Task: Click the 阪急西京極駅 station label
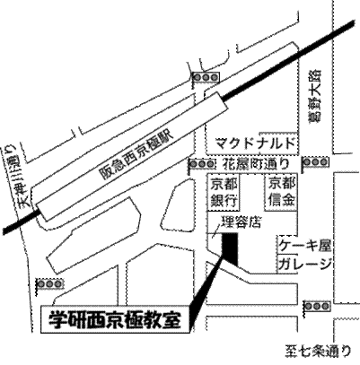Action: (x=136, y=155)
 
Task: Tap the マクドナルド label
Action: (x=257, y=143)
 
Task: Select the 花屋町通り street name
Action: (x=257, y=163)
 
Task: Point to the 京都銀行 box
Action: (x=224, y=193)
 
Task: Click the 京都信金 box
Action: (x=281, y=193)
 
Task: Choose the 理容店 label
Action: (x=241, y=222)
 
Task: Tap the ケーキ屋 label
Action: (x=305, y=247)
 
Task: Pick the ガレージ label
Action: (x=305, y=264)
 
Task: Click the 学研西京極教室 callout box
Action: (x=115, y=319)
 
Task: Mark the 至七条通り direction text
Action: (x=318, y=352)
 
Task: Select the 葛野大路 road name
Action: (x=315, y=95)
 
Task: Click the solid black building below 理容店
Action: (x=230, y=249)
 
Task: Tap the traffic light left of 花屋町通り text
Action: (x=202, y=164)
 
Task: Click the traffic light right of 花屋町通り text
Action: (x=315, y=162)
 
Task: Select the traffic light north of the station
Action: (x=206, y=77)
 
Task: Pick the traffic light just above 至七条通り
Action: (x=317, y=306)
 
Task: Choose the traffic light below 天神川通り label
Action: (x=50, y=283)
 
